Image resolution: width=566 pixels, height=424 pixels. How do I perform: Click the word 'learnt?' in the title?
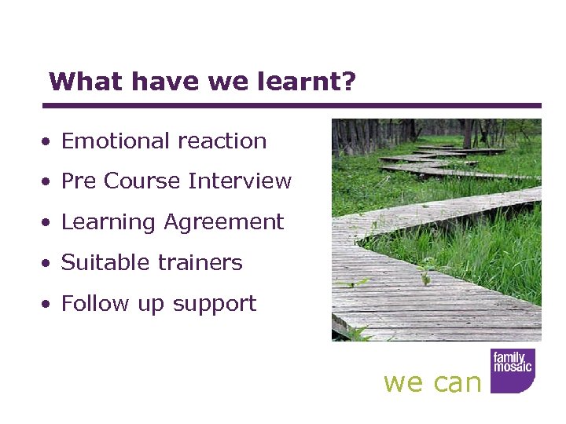click(312, 82)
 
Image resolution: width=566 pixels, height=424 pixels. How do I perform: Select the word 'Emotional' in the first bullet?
click(111, 141)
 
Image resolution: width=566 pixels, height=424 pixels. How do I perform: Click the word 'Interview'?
click(240, 181)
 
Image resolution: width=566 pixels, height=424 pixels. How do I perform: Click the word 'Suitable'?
click(103, 262)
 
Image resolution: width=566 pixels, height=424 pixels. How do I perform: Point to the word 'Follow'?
click(92, 303)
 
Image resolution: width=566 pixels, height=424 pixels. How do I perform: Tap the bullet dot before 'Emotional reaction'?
click(49, 142)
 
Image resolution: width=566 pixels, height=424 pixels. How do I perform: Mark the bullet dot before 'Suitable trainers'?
click(49, 264)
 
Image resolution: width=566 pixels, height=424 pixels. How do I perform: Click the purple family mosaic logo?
click(513, 370)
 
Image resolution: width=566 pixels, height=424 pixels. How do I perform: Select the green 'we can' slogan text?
click(432, 382)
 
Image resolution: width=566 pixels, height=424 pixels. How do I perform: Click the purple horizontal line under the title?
click(291, 105)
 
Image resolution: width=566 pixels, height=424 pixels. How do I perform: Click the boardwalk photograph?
click(436, 229)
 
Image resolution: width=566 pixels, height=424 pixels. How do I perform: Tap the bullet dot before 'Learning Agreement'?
click(49, 223)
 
